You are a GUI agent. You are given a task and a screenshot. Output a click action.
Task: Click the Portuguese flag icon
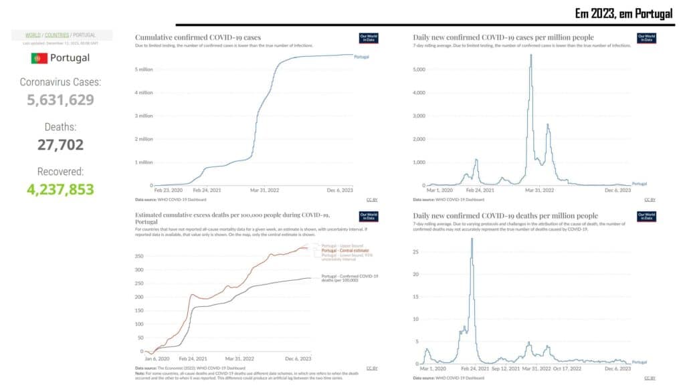pyautogui.click(x=39, y=58)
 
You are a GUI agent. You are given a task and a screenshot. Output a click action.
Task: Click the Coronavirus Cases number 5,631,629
pyautogui.click(x=61, y=100)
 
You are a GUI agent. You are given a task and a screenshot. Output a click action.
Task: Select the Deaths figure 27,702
pyautogui.click(x=60, y=144)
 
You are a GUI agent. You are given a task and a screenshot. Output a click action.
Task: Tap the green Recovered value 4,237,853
pyautogui.click(x=61, y=189)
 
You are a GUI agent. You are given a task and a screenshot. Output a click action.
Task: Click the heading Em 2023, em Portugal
pyautogui.click(x=623, y=14)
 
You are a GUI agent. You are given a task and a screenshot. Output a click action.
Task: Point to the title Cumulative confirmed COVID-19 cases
pyautogui.click(x=198, y=37)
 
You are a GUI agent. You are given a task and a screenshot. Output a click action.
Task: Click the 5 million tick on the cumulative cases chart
pyautogui.click(x=146, y=69)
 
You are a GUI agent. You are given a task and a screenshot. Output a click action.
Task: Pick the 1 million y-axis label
pyautogui.click(x=146, y=162)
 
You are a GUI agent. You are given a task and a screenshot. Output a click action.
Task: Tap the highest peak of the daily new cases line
pyautogui.click(x=531, y=55)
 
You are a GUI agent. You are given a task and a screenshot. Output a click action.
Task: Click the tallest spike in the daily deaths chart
pyautogui.click(x=472, y=239)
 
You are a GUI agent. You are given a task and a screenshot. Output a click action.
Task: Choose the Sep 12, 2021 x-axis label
pyautogui.click(x=506, y=368)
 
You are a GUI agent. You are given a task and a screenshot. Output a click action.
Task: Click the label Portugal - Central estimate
pyautogui.click(x=345, y=250)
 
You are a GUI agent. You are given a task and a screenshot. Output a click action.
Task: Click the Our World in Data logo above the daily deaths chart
pyautogui.click(x=646, y=217)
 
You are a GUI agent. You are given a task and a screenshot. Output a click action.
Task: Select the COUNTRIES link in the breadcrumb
pyautogui.click(x=57, y=35)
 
